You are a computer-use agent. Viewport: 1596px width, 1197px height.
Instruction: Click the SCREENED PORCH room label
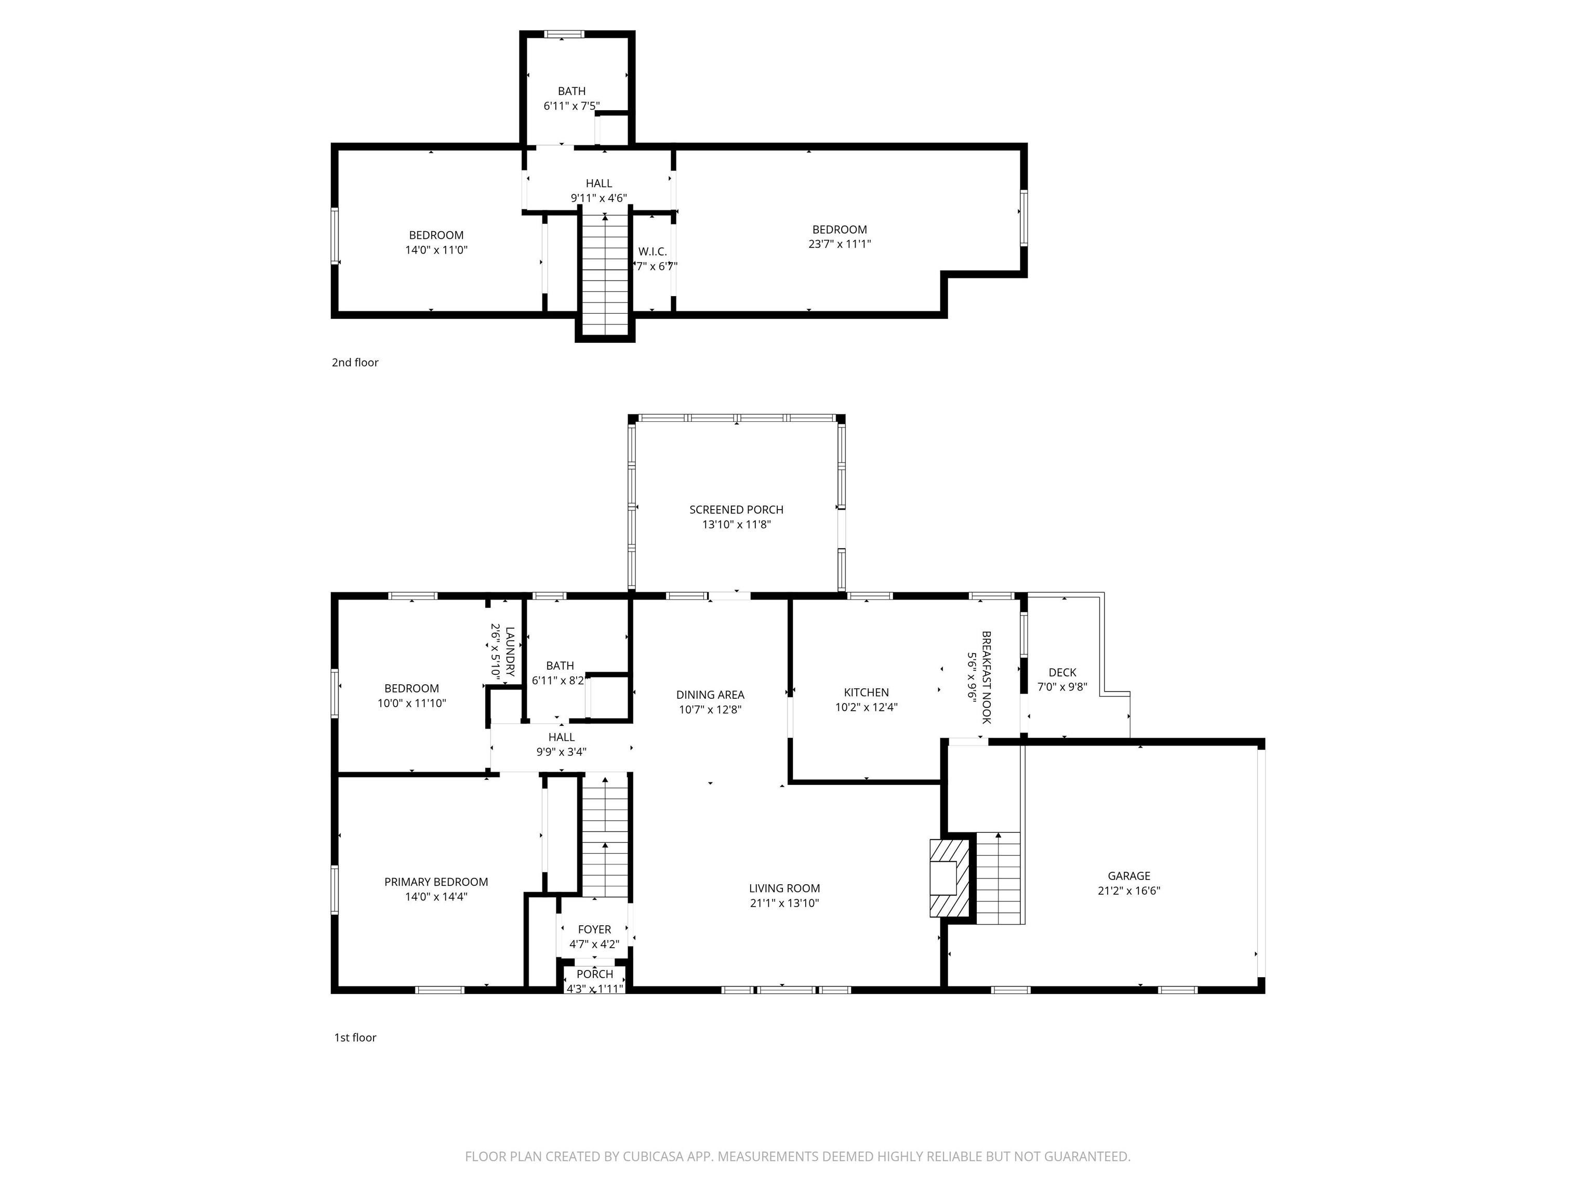click(x=736, y=509)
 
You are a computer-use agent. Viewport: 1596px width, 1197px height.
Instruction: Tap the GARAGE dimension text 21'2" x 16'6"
click(x=1128, y=890)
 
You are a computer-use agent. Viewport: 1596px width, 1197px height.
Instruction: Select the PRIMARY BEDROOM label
click(x=436, y=882)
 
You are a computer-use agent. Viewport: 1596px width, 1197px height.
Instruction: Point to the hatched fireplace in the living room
click(x=949, y=877)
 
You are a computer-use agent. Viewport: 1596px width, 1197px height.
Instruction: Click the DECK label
click(x=1062, y=672)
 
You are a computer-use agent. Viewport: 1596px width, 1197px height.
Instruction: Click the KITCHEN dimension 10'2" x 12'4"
click(x=866, y=707)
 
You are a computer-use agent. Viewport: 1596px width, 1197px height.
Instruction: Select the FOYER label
click(x=594, y=929)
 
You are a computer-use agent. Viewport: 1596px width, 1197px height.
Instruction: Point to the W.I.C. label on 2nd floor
click(x=652, y=252)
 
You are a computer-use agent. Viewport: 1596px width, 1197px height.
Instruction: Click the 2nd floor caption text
click(x=355, y=362)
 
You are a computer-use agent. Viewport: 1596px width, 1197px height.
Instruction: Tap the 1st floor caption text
click(x=355, y=1038)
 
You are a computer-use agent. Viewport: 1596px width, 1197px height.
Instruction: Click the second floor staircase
click(x=605, y=274)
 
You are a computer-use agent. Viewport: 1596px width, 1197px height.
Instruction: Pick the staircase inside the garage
click(x=999, y=877)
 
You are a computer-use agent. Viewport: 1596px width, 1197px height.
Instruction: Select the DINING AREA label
click(x=710, y=695)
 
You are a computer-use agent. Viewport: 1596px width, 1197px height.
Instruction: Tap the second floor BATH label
click(x=571, y=91)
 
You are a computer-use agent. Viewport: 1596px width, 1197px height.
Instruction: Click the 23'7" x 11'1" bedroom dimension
click(x=839, y=244)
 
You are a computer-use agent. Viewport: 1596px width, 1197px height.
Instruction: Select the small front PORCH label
click(x=594, y=974)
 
